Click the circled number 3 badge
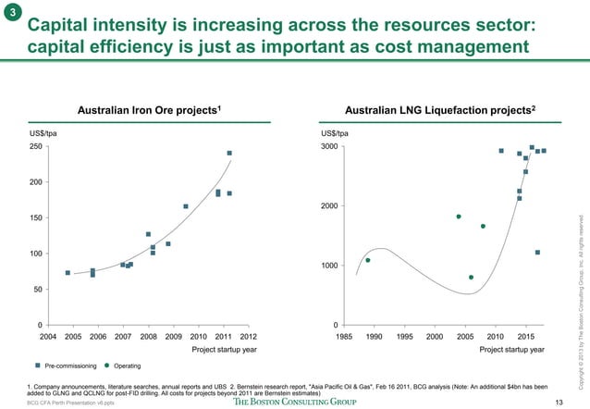click(11, 12)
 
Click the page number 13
click(558, 401)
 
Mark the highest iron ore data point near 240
click(229, 154)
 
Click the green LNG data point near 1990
click(368, 260)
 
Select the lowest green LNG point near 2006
click(471, 277)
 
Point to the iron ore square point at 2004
click(68, 273)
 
